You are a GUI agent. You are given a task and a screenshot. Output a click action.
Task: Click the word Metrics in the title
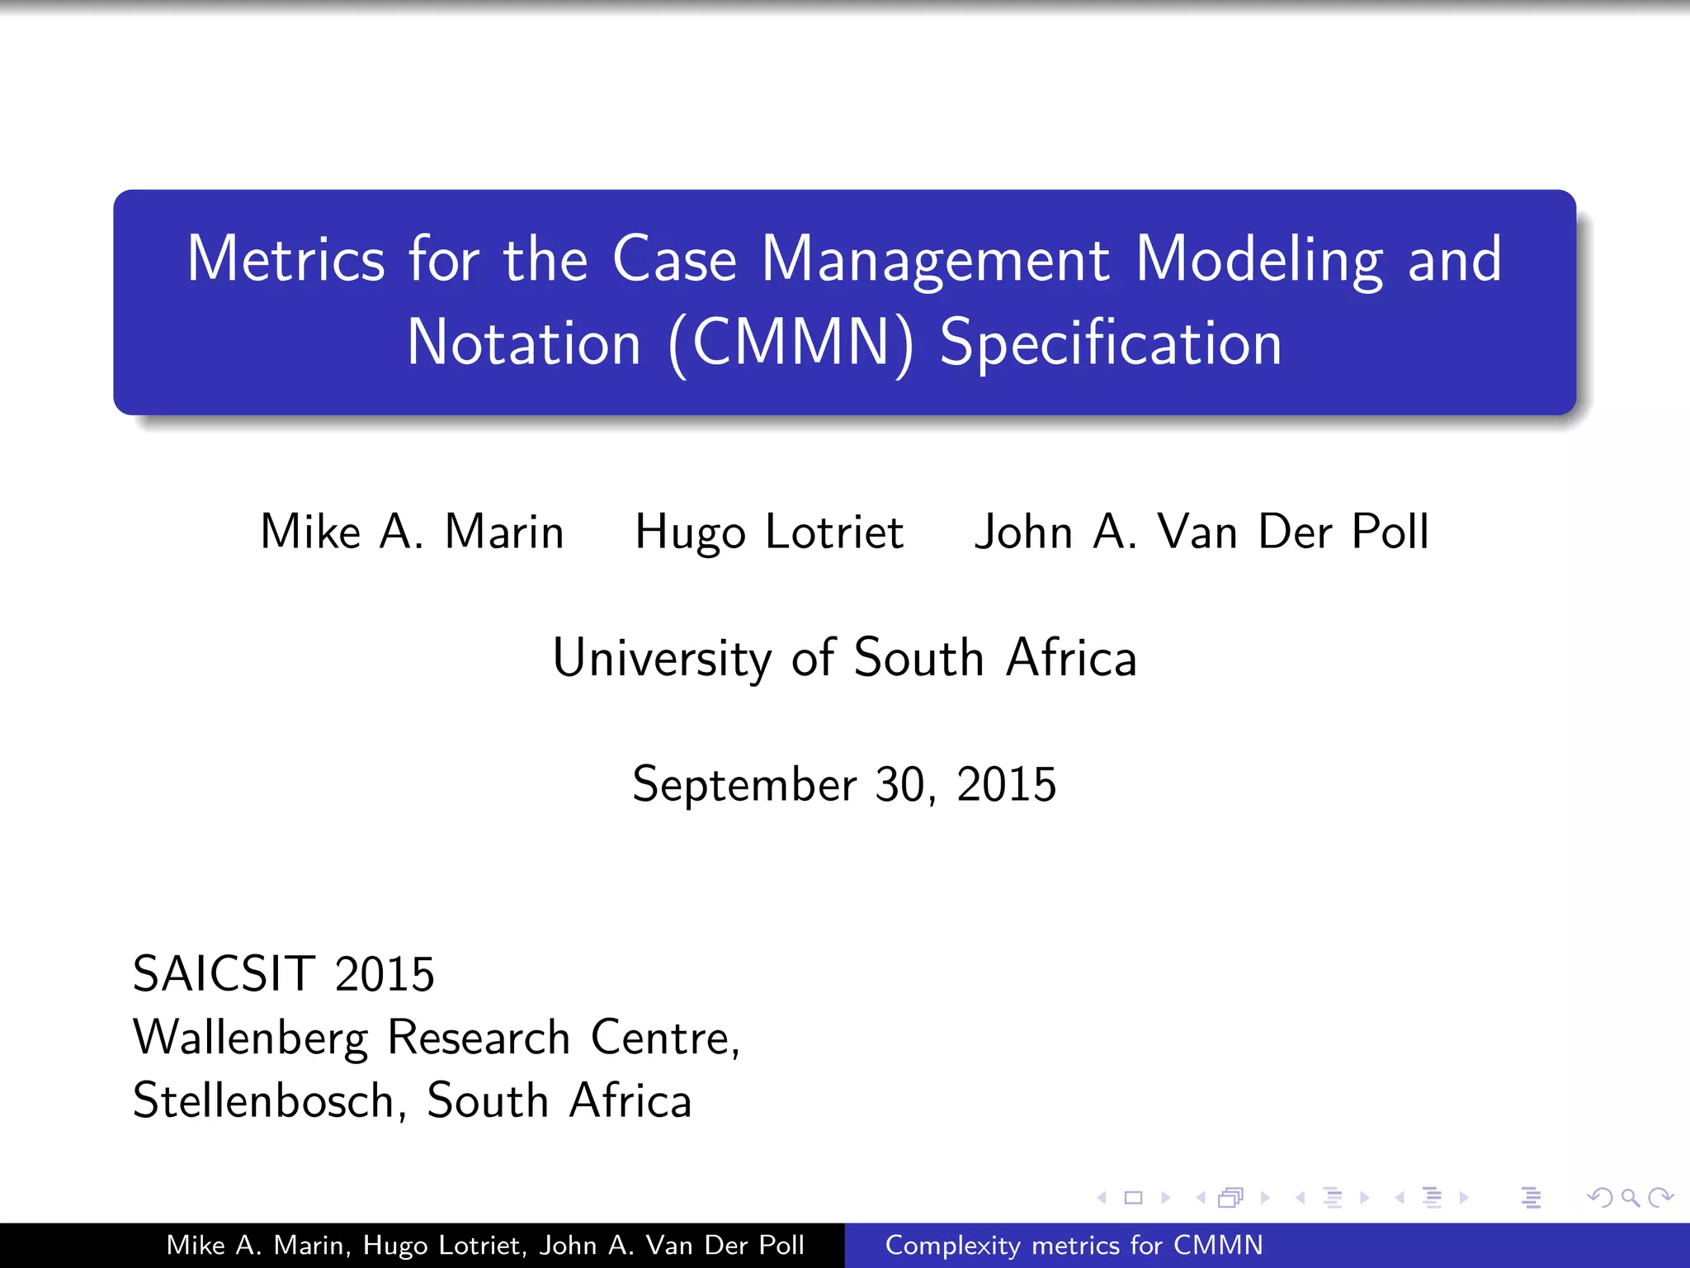(286, 259)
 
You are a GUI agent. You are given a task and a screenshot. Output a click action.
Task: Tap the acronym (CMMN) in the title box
(791, 343)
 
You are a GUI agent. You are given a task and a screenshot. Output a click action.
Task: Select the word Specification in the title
(1111, 343)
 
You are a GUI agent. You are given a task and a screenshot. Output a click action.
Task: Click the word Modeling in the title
(1259, 259)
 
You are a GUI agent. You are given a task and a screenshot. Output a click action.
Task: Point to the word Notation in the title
(524, 343)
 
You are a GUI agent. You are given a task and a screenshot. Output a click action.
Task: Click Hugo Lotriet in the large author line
(769, 532)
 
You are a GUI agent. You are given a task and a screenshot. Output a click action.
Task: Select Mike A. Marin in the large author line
(412, 532)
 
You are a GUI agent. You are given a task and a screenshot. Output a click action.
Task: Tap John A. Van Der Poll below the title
(1201, 532)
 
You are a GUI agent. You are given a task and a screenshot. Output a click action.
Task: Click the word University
(662, 659)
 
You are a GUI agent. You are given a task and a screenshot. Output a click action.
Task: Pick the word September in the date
(744, 784)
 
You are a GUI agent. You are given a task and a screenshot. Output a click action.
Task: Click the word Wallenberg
(250, 1038)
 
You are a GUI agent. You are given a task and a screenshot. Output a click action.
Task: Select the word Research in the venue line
(479, 1038)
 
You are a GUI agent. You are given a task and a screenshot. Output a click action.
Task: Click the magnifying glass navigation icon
(1630, 1198)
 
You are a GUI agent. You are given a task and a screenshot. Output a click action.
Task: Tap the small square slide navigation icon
(1134, 1198)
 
